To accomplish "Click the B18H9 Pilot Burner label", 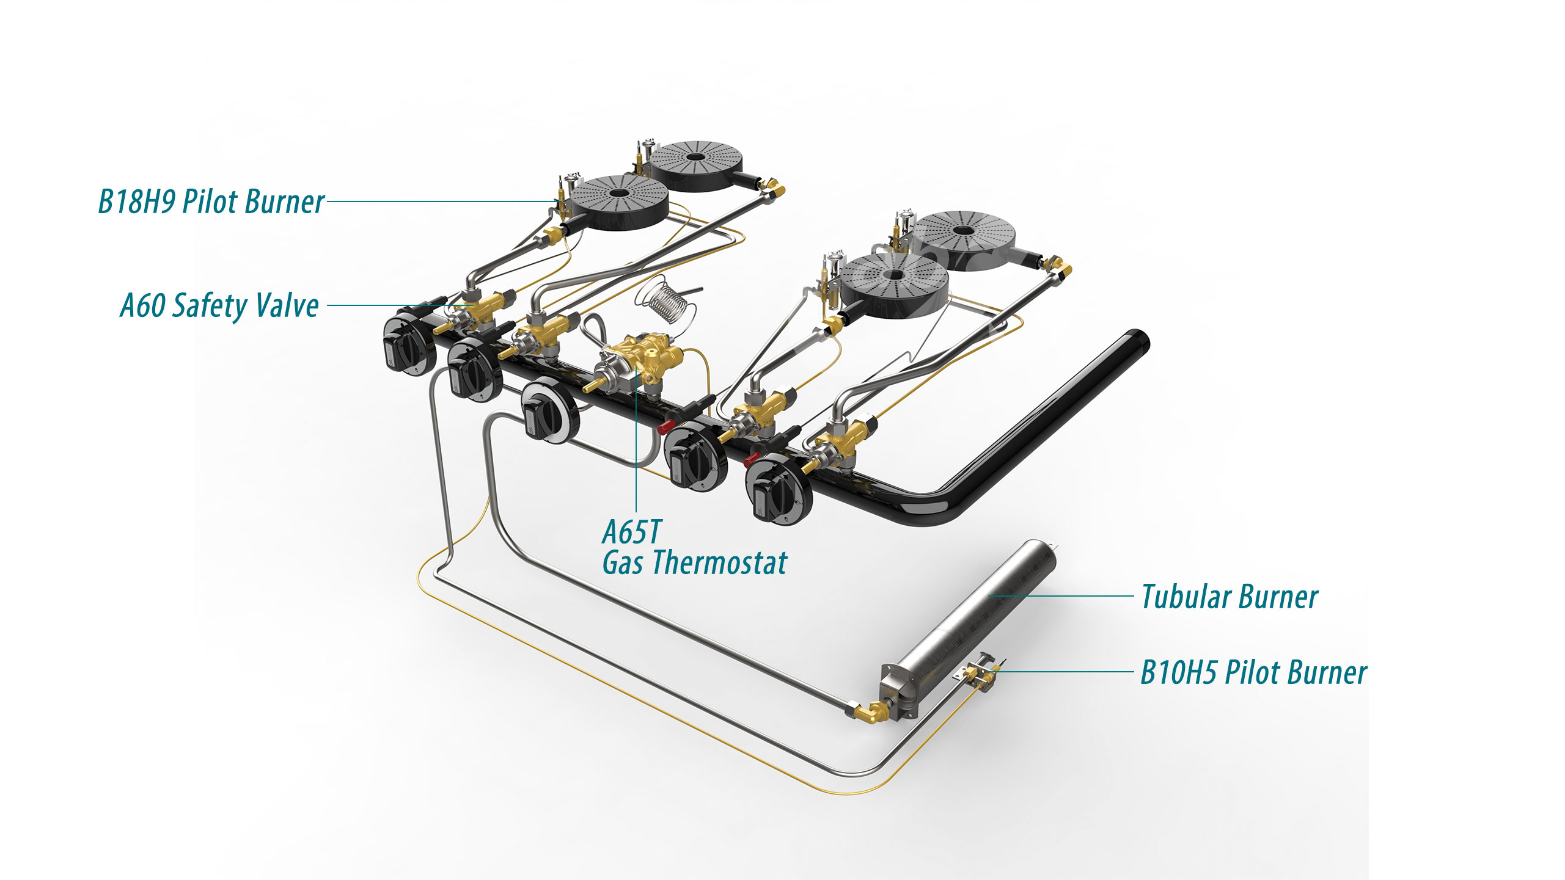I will coord(211,202).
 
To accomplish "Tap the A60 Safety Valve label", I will coord(219,305).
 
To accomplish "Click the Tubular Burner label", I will coord(1230,597).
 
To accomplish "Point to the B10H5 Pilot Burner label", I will coord(1253,672).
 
